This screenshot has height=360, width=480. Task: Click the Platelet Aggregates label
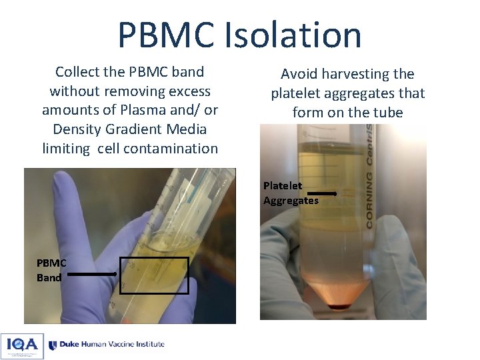coord(290,193)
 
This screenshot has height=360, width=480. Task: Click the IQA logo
coord(22,346)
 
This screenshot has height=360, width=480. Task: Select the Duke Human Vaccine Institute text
coord(112,345)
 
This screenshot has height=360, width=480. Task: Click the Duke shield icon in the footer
coord(53,345)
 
